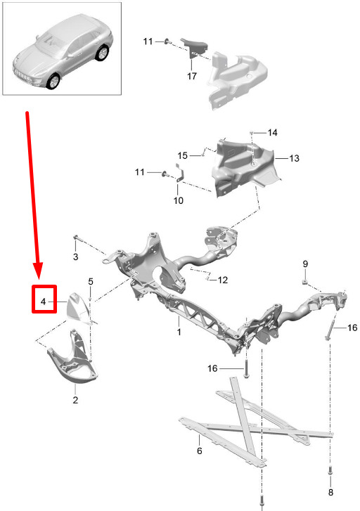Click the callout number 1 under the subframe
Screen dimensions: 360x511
click(179, 332)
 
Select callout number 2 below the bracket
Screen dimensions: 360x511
click(75, 400)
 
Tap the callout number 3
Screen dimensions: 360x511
click(76, 257)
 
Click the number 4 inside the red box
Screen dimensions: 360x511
click(44, 302)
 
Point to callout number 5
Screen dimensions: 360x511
click(91, 281)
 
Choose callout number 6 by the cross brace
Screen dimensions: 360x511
click(200, 451)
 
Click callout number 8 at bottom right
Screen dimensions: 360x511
click(330, 492)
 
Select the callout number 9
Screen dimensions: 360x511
click(305, 264)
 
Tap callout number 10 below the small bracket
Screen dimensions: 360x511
click(179, 200)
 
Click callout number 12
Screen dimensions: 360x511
click(223, 280)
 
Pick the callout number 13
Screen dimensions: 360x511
click(294, 158)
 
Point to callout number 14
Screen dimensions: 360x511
click(273, 133)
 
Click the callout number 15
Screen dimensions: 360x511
click(183, 155)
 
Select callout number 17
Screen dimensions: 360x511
click(192, 76)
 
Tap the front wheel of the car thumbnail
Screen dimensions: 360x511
click(53, 82)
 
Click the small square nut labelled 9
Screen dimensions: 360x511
click(305, 281)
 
